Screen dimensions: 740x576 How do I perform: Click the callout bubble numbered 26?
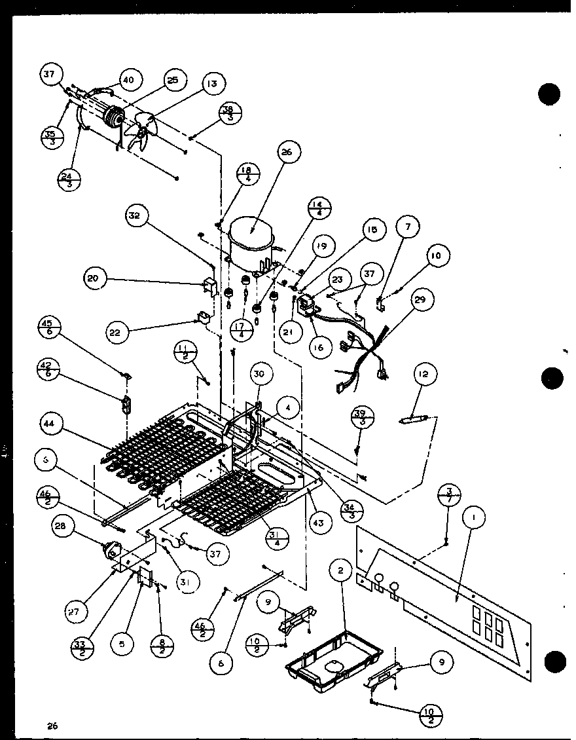point(289,153)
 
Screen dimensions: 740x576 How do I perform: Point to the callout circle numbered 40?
point(128,80)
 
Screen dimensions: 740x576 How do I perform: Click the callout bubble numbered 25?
point(172,81)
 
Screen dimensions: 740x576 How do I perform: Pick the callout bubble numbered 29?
point(420,300)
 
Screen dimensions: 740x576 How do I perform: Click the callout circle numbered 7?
point(407,227)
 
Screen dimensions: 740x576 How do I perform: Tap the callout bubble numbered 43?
point(321,523)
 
